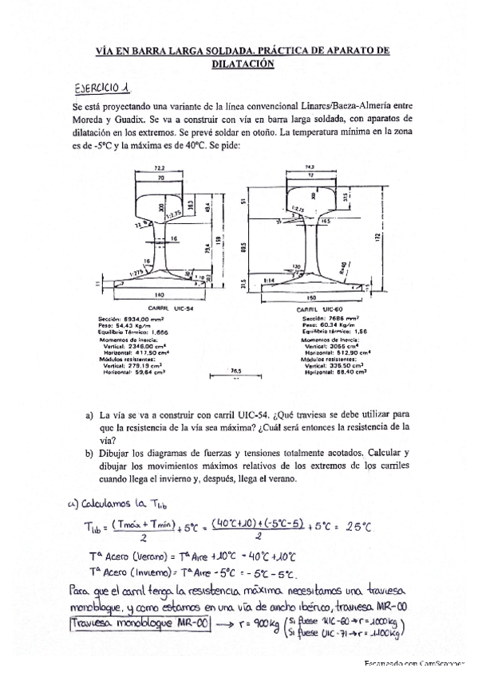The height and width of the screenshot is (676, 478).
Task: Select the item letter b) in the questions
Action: pos(89,453)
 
